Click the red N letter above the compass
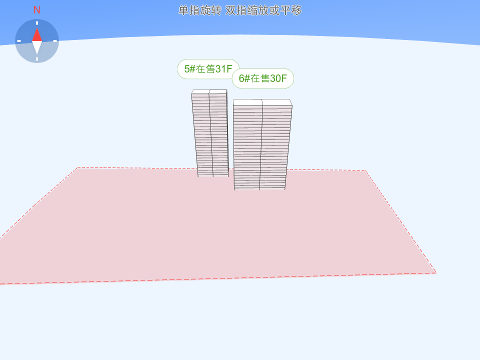[x=36, y=10]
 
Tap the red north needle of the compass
[x=37, y=34]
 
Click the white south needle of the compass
[x=37, y=47]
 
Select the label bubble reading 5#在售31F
[x=208, y=69]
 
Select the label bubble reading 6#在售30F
[x=263, y=78]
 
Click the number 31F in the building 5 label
[x=224, y=69]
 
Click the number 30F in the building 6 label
[x=278, y=78]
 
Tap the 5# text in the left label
[x=190, y=69]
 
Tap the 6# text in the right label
[x=244, y=78]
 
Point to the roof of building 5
[x=209, y=92]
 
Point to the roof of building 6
[x=262, y=102]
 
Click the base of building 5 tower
[x=213, y=175]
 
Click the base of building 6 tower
[x=259, y=188]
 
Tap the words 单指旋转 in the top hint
[x=199, y=10]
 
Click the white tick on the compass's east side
[x=55, y=41]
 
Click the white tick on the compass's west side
[x=19, y=41]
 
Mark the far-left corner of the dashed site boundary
[x=78, y=167]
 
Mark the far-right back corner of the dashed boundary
[x=365, y=170]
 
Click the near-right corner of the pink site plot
[x=436, y=272]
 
